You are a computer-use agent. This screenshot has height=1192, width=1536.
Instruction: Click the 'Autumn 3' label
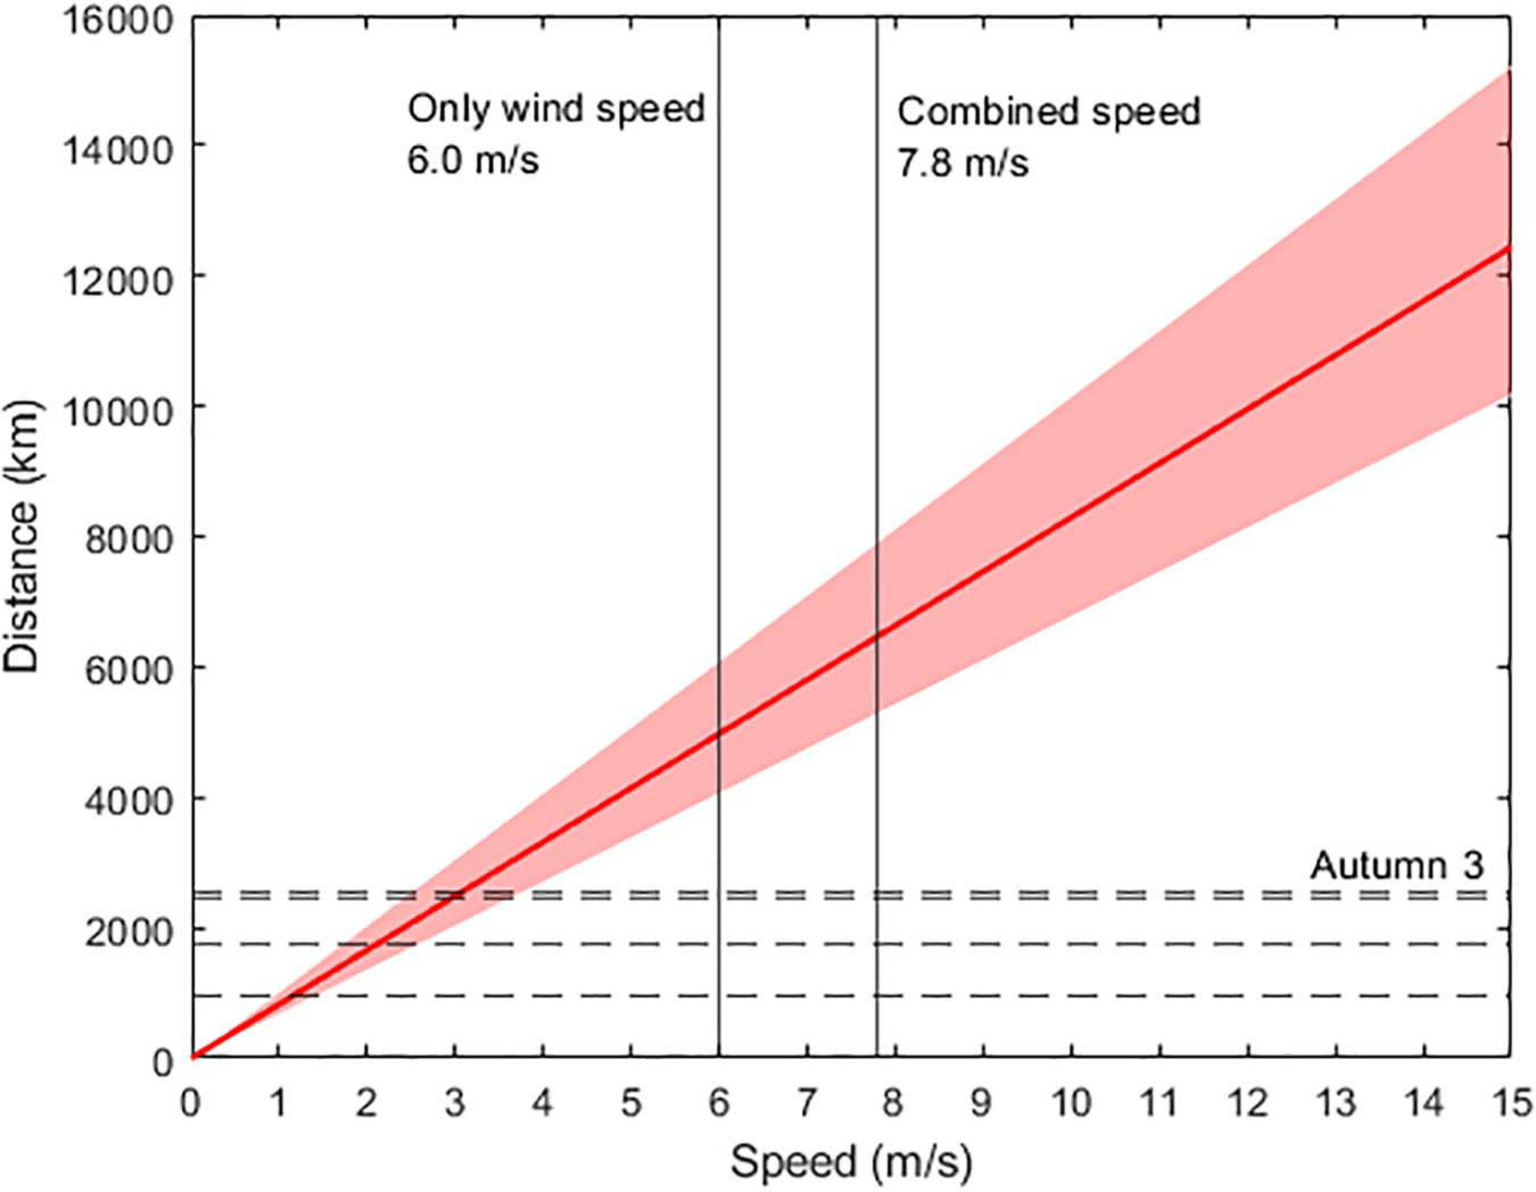coord(1397,866)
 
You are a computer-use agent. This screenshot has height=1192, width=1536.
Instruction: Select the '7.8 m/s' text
coord(963,164)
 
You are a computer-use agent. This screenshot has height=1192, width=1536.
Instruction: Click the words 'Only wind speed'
coord(555,111)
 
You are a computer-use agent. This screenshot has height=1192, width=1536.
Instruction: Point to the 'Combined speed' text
coord(1049,112)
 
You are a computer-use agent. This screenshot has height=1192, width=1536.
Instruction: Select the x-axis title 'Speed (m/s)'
coord(851,1163)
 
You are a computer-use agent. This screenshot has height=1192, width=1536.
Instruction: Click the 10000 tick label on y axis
coord(117,407)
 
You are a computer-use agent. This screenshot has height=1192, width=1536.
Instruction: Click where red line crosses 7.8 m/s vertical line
coord(877,636)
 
